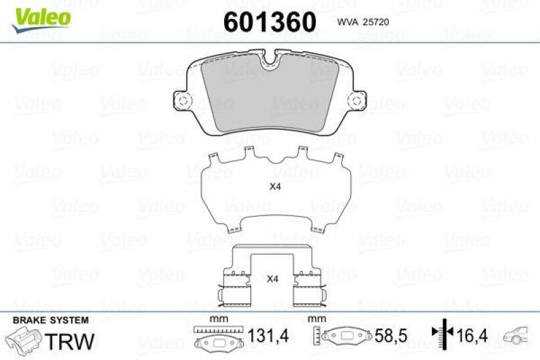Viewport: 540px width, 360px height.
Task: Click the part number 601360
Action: tap(269, 23)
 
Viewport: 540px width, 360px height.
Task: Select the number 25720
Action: tap(376, 22)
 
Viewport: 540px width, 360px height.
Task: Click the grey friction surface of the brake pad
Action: tap(270, 95)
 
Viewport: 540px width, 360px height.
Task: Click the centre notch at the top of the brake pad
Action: tap(270, 62)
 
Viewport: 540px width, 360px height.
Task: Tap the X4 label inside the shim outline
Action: tap(274, 188)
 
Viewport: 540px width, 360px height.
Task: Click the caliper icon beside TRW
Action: tap(23, 337)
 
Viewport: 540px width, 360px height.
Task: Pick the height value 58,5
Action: tap(389, 336)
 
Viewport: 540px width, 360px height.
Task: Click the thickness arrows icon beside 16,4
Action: tap(439, 336)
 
